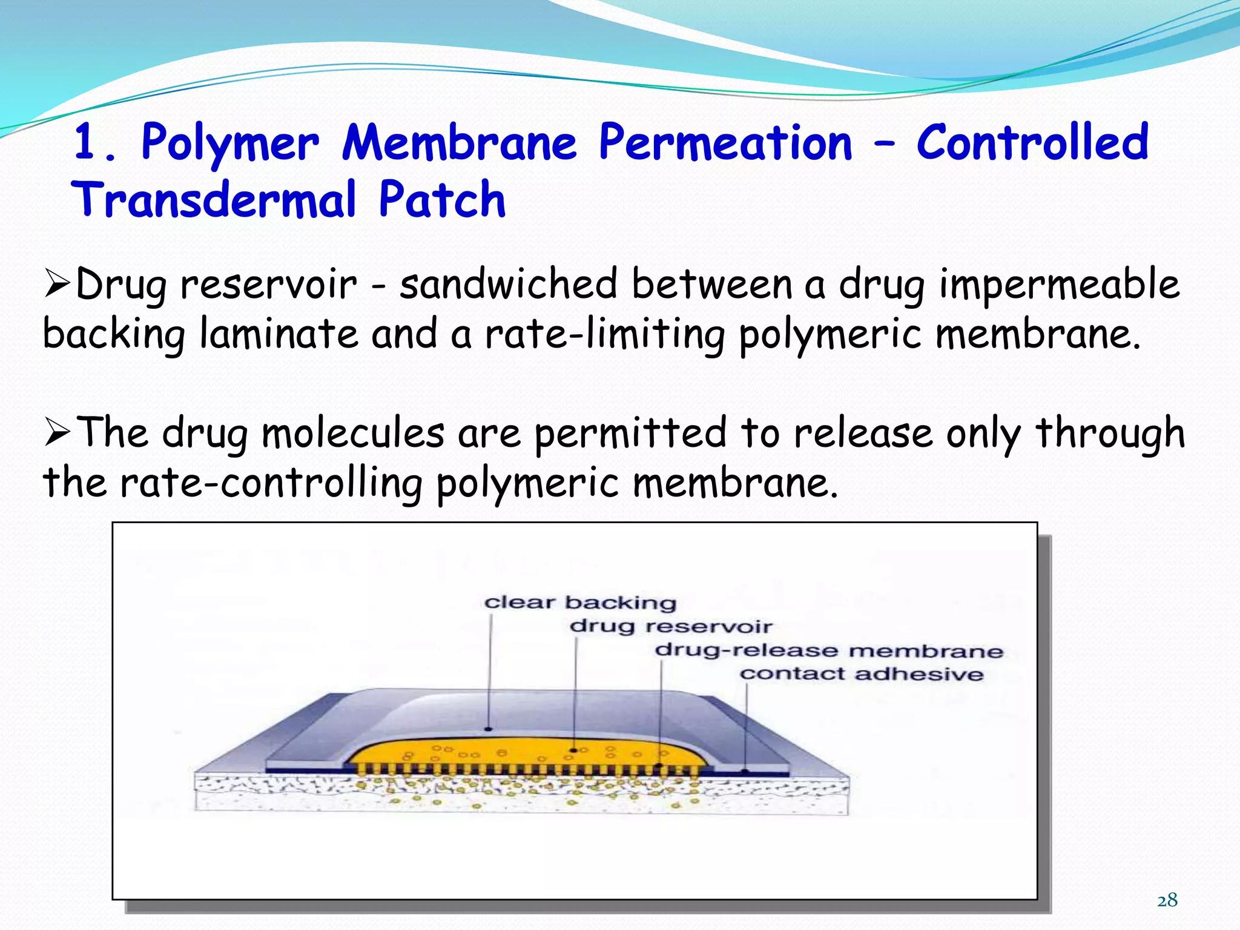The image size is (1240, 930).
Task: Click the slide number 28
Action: coord(1167,900)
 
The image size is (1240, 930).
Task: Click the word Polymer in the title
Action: coord(229,143)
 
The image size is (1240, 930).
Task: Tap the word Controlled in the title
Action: coord(1032,143)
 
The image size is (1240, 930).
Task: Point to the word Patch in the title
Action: coord(442,200)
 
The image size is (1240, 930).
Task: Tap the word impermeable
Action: coord(1059,285)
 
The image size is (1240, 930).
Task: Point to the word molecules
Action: coord(353,433)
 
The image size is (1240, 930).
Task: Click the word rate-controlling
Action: coord(271,483)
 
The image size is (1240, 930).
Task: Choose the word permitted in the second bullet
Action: coord(630,433)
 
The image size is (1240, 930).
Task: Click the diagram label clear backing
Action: coord(580,602)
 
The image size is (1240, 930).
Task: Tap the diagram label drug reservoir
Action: coord(671,626)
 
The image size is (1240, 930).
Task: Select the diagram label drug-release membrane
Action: coord(829,651)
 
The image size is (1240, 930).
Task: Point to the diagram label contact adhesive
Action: coord(862,674)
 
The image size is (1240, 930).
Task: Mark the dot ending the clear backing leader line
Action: coord(488,728)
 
